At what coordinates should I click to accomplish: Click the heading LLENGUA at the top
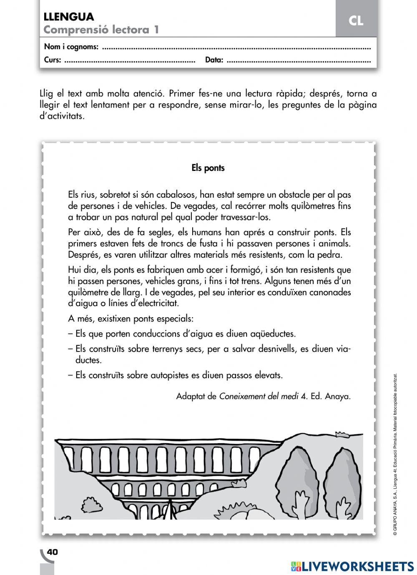[x=69, y=17]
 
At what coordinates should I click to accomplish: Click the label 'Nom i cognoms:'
[x=71, y=47]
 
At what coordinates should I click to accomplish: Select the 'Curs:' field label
[x=53, y=60]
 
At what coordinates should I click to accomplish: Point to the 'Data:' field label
[x=214, y=60]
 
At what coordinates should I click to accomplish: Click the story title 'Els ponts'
[x=208, y=168]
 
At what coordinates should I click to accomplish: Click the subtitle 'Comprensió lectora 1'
[x=101, y=30]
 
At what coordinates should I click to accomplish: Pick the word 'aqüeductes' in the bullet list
[x=272, y=334]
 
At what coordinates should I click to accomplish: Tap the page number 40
[x=53, y=552]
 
